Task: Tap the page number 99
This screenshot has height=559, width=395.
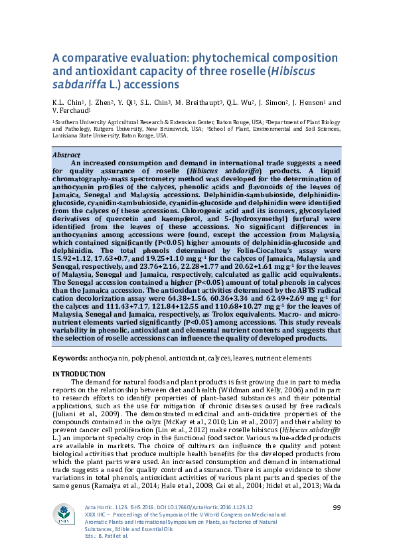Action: click(336, 508)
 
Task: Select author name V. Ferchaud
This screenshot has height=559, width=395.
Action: click(70, 112)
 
